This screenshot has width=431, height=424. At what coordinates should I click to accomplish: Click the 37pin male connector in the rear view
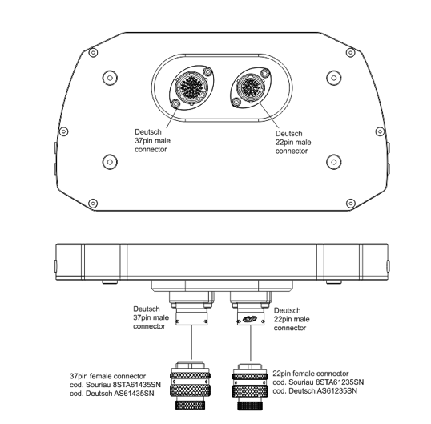point(191,87)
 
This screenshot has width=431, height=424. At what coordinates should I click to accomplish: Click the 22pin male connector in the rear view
point(251,87)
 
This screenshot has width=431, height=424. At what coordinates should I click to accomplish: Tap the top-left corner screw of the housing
point(93,52)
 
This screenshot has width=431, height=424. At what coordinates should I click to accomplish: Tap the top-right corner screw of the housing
point(350,52)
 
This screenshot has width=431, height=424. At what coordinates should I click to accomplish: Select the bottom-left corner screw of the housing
point(93,204)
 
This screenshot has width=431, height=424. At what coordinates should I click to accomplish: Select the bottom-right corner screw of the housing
point(350,204)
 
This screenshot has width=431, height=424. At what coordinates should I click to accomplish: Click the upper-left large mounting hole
point(110,78)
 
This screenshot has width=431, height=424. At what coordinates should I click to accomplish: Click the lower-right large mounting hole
point(334,162)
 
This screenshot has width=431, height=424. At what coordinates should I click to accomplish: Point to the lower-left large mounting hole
point(110,162)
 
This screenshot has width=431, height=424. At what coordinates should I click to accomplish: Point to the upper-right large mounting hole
point(334,78)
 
